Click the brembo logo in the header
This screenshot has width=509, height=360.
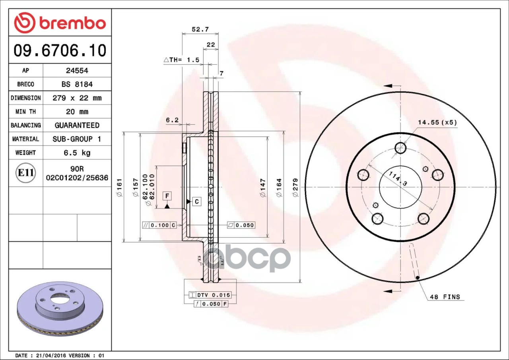(x=60, y=23)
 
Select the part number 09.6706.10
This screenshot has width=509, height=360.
(x=60, y=50)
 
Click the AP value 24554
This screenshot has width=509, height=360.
(x=77, y=71)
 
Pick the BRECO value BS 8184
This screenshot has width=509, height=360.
(x=77, y=84)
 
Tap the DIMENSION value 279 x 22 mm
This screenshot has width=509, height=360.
(x=77, y=98)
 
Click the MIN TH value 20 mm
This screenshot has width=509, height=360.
(x=77, y=112)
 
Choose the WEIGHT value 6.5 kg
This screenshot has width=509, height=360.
(x=77, y=153)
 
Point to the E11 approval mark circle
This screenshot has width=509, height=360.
(x=26, y=173)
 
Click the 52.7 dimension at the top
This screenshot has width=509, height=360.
(x=200, y=29)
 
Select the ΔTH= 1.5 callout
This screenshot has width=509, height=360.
(x=181, y=60)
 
